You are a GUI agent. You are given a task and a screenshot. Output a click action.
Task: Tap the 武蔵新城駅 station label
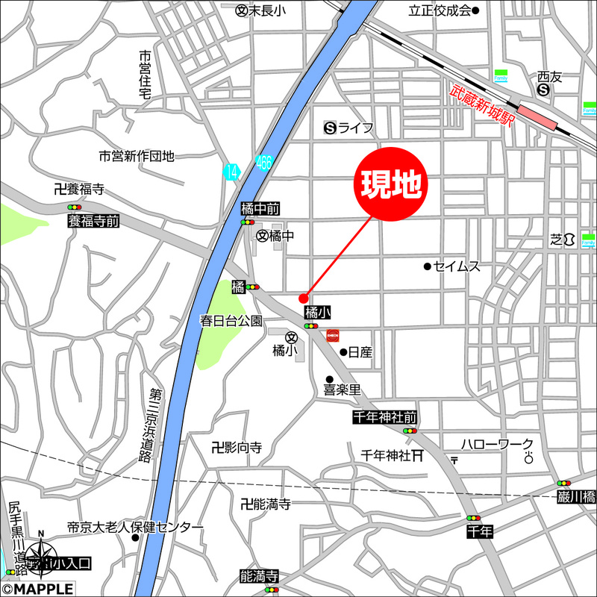(x=483, y=107)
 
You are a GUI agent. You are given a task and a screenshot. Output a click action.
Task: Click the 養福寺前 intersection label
(x=93, y=221)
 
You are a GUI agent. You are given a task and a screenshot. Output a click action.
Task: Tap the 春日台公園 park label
(x=231, y=321)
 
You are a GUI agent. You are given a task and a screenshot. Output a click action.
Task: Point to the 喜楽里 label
(x=342, y=390)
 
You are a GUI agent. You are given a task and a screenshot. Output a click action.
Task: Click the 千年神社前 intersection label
(x=385, y=418)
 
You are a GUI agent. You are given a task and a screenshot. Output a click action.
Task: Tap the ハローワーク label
(x=497, y=444)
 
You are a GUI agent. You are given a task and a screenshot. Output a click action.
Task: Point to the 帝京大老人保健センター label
(x=135, y=528)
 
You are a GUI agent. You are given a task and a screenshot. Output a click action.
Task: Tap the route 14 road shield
(x=231, y=171)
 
